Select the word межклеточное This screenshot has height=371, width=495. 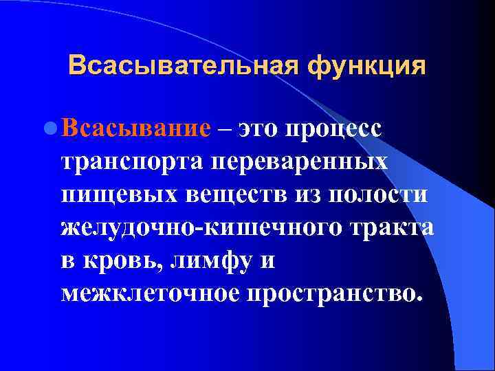151,294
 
